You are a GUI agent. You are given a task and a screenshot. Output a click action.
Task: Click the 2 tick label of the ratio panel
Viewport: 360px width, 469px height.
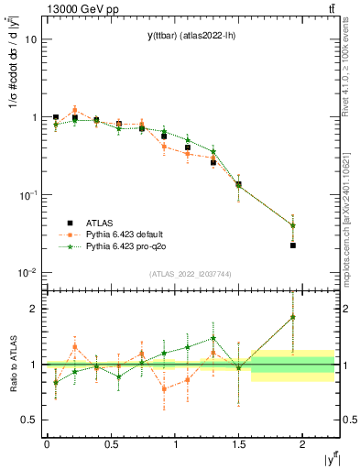click(34, 309)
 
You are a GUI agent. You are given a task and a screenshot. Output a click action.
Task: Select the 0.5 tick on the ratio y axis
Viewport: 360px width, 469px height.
click(29, 420)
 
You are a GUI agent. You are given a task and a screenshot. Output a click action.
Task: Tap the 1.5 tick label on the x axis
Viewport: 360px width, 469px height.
click(238, 444)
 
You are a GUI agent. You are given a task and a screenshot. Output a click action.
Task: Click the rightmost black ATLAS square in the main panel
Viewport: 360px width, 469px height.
click(293, 245)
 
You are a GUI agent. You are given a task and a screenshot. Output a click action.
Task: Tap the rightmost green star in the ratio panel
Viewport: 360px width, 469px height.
click(293, 317)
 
